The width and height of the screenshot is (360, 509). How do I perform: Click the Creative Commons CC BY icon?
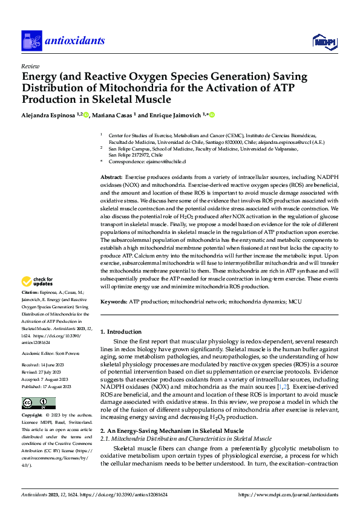click(38, 403)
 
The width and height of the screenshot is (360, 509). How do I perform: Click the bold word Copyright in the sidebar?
click(33, 417)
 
